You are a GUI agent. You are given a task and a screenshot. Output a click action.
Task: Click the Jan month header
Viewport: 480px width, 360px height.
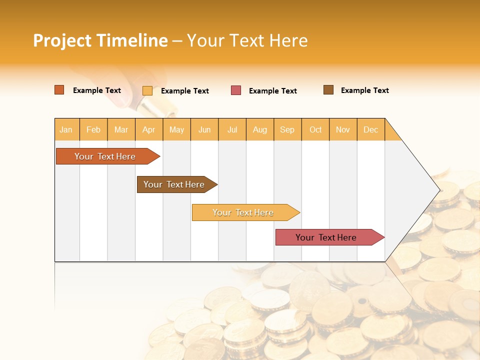pos(66,129)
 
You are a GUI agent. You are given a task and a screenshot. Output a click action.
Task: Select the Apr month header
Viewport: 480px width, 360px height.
pos(149,129)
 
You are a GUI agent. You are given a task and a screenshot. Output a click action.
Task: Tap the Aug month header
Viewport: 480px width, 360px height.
pos(260,129)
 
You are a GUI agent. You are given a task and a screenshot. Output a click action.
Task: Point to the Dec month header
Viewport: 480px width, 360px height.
pos(371,129)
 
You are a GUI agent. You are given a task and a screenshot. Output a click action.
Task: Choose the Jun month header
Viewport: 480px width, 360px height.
pos(204,129)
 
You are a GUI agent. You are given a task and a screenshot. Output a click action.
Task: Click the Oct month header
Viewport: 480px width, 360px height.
pos(315,129)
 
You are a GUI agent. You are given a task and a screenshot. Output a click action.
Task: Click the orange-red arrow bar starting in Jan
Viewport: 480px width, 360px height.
pos(105,156)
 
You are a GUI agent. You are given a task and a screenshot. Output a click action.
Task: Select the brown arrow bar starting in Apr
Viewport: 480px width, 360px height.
pos(174,184)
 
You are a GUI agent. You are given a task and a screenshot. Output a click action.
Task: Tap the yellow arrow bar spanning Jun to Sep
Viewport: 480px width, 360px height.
pos(243,212)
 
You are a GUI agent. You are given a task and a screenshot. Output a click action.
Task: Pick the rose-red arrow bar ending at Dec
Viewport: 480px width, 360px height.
pos(326,237)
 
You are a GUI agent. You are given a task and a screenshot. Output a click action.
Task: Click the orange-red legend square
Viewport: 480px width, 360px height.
pos(59,90)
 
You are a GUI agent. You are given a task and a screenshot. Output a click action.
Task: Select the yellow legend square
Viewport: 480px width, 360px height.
pos(147,90)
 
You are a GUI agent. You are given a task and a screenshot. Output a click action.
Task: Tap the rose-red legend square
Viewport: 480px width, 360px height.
pos(236,90)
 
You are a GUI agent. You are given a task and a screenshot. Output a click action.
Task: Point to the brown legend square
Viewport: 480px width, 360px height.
pos(328,90)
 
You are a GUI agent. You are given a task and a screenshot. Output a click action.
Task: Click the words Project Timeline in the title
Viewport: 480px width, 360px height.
pos(100,40)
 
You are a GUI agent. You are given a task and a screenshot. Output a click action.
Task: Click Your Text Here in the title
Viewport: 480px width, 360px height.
pos(247,40)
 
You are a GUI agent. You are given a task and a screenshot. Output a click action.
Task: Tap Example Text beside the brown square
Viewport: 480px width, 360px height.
pos(364,90)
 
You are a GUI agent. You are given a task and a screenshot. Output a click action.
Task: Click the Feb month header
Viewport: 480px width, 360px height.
pos(93,129)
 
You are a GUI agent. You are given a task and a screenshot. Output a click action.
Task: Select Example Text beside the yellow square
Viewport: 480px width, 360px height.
pos(184,91)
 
